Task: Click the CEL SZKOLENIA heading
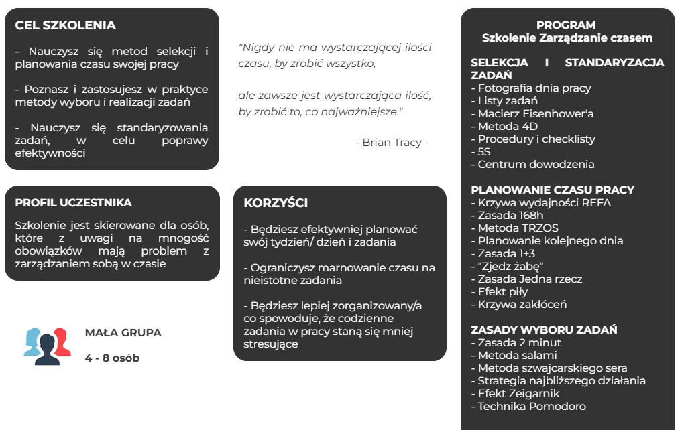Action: (x=65, y=25)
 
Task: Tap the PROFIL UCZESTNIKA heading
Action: (x=73, y=202)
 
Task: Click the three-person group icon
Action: (x=47, y=346)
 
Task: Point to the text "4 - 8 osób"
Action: (x=112, y=358)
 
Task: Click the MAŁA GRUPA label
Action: (x=123, y=332)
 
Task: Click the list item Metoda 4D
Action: (x=508, y=126)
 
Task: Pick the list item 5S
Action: (x=486, y=151)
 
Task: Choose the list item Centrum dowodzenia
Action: (x=536, y=164)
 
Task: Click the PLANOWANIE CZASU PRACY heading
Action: (x=553, y=190)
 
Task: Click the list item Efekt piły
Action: (x=502, y=291)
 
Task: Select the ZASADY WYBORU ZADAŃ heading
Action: (x=544, y=330)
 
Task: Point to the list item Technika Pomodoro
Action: (x=532, y=406)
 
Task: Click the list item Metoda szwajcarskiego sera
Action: (x=553, y=368)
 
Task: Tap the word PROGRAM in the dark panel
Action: (x=566, y=25)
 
